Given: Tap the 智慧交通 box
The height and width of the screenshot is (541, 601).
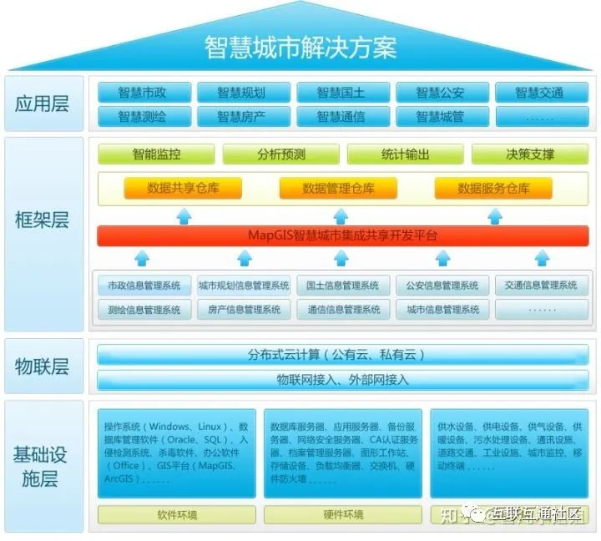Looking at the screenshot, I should click(539, 93).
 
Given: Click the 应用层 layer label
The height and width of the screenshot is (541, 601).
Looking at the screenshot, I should click(43, 104).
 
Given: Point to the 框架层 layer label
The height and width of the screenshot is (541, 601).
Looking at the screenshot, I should click(43, 220).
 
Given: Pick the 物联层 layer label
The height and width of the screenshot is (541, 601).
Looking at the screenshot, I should click(43, 367).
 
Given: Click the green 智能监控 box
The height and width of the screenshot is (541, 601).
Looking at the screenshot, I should click(157, 154).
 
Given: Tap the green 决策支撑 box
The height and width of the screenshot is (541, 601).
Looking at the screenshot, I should click(530, 154).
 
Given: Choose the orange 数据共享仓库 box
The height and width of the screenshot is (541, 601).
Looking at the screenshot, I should click(183, 189).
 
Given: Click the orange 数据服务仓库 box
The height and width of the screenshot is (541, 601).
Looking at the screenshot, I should click(493, 189).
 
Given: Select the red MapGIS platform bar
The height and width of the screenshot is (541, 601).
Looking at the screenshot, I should click(343, 236).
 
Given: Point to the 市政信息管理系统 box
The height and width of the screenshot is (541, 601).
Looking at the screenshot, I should click(144, 286).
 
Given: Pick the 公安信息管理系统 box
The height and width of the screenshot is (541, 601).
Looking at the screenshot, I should click(442, 286).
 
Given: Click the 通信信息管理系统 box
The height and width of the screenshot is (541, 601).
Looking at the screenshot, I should click(343, 310).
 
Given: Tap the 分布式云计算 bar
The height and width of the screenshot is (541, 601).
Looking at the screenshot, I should click(343, 355).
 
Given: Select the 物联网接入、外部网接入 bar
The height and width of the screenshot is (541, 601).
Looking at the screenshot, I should click(343, 380).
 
